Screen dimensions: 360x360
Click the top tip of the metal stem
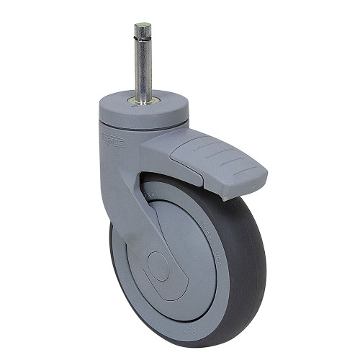(142, 26)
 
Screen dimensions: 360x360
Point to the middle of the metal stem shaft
(143, 68)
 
